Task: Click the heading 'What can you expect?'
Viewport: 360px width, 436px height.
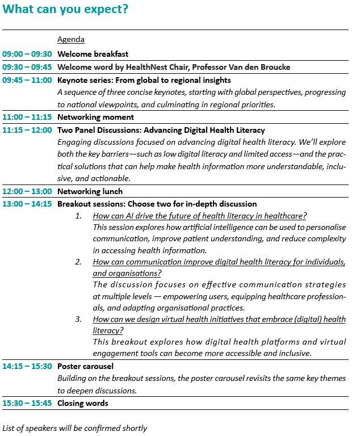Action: [x=65, y=10]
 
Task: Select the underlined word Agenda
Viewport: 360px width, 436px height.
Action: [x=71, y=40]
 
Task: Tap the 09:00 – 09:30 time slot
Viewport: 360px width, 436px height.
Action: [x=27, y=54]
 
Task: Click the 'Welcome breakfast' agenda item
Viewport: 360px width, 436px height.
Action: [x=93, y=54]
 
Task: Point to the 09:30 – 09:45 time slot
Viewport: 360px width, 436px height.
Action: [x=27, y=67]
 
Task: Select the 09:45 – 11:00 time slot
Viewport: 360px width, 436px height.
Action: [x=27, y=80]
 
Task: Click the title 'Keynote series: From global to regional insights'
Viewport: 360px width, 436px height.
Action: [x=144, y=80]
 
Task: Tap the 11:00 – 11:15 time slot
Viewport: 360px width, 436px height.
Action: [x=27, y=118]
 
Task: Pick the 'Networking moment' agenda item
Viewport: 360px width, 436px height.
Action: [x=95, y=118]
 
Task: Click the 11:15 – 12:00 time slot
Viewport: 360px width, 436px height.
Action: [x=27, y=130]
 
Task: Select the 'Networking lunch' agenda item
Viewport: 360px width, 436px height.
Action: [x=91, y=192]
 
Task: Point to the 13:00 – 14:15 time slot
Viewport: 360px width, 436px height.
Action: [x=27, y=204]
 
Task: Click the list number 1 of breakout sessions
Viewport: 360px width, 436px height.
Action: [x=78, y=216]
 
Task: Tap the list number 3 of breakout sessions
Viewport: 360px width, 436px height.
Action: [x=78, y=320]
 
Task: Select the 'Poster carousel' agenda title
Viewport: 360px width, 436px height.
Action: [x=85, y=367]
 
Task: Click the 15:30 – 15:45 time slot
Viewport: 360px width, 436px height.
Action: [x=27, y=404]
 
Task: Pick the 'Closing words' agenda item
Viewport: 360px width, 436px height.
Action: [x=83, y=404]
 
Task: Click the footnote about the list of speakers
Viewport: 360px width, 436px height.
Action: [x=75, y=428]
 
